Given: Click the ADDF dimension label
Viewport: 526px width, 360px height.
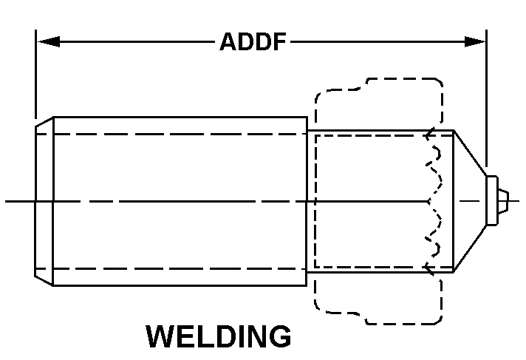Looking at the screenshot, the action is pyautogui.click(x=253, y=41).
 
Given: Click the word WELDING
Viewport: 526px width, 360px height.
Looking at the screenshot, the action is pyautogui.click(x=219, y=336).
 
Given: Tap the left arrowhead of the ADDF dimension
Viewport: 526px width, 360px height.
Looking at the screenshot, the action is pyautogui.click(x=49, y=41).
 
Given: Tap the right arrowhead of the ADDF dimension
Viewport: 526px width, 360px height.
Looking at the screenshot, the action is pyautogui.click(x=475, y=41).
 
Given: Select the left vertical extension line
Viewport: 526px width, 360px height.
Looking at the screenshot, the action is pyautogui.click(x=36, y=74).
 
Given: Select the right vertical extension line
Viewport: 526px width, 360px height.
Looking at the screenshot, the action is pyautogui.click(x=486, y=98).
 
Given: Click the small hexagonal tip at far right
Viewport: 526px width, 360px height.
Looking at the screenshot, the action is pyautogui.click(x=503, y=201).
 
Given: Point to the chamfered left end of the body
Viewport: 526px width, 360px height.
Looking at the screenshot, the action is pyautogui.click(x=44, y=202).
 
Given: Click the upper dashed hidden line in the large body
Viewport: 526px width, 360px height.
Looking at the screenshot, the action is pyautogui.click(x=171, y=134).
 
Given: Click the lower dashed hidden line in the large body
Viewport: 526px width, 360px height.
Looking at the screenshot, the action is pyautogui.click(x=171, y=269).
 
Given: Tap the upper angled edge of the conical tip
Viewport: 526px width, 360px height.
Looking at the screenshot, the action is pyautogui.click(x=470, y=153).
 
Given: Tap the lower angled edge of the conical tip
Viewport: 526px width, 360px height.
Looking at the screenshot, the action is pyautogui.click(x=470, y=248).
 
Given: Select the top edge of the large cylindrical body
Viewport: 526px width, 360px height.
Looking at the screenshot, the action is pyautogui.click(x=180, y=118).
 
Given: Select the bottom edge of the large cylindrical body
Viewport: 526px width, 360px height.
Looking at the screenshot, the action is pyautogui.click(x=180, y=286).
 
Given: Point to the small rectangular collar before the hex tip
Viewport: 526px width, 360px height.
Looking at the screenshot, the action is pyautogui.click(x=492, y=201).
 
